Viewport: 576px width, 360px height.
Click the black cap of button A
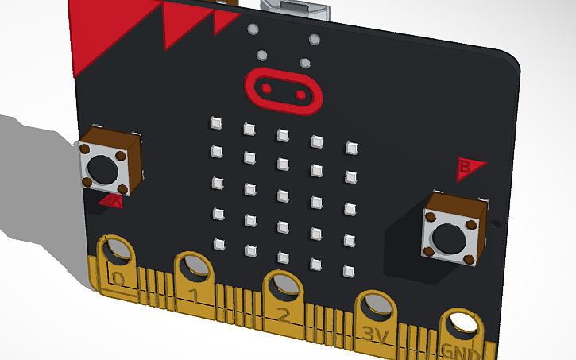(102, 167)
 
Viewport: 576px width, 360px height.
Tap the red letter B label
(469, 167)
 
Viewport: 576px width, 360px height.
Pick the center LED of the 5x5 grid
(282, 195)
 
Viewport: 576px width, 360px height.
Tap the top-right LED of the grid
(351, 148)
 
